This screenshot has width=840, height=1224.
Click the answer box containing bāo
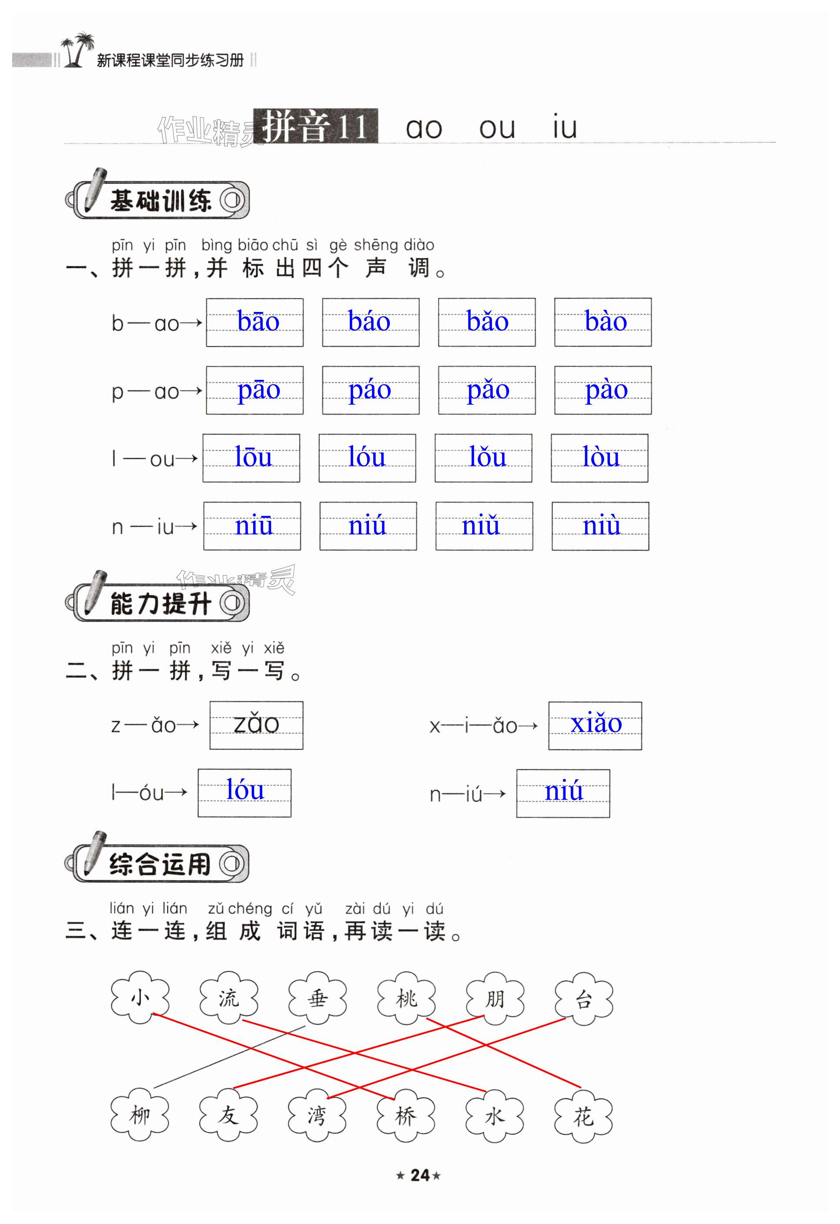[x=254, y=322]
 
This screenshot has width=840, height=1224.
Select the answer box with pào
[x=602, y=390]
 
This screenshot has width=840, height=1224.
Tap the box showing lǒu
[x=483, y=458]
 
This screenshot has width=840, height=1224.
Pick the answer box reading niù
[x=600, y=526]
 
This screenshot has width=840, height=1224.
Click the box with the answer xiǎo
[x=595, y=725]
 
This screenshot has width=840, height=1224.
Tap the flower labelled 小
[x=140, y=998]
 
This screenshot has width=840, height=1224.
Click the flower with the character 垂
[x=318, y=999]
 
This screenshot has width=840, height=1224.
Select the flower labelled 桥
[x=406, y=1116]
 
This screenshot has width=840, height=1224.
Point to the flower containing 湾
[x=317, y=1116]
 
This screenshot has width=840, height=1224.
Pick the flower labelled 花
[x=583, y=1116]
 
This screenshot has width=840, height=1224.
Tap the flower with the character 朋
[x=495, y=999]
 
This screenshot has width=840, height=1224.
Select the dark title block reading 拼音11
[x=315, y=126]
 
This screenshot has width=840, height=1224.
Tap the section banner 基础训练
[x=158, y=200]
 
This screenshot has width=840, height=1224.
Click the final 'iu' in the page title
[x=564, y=128]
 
